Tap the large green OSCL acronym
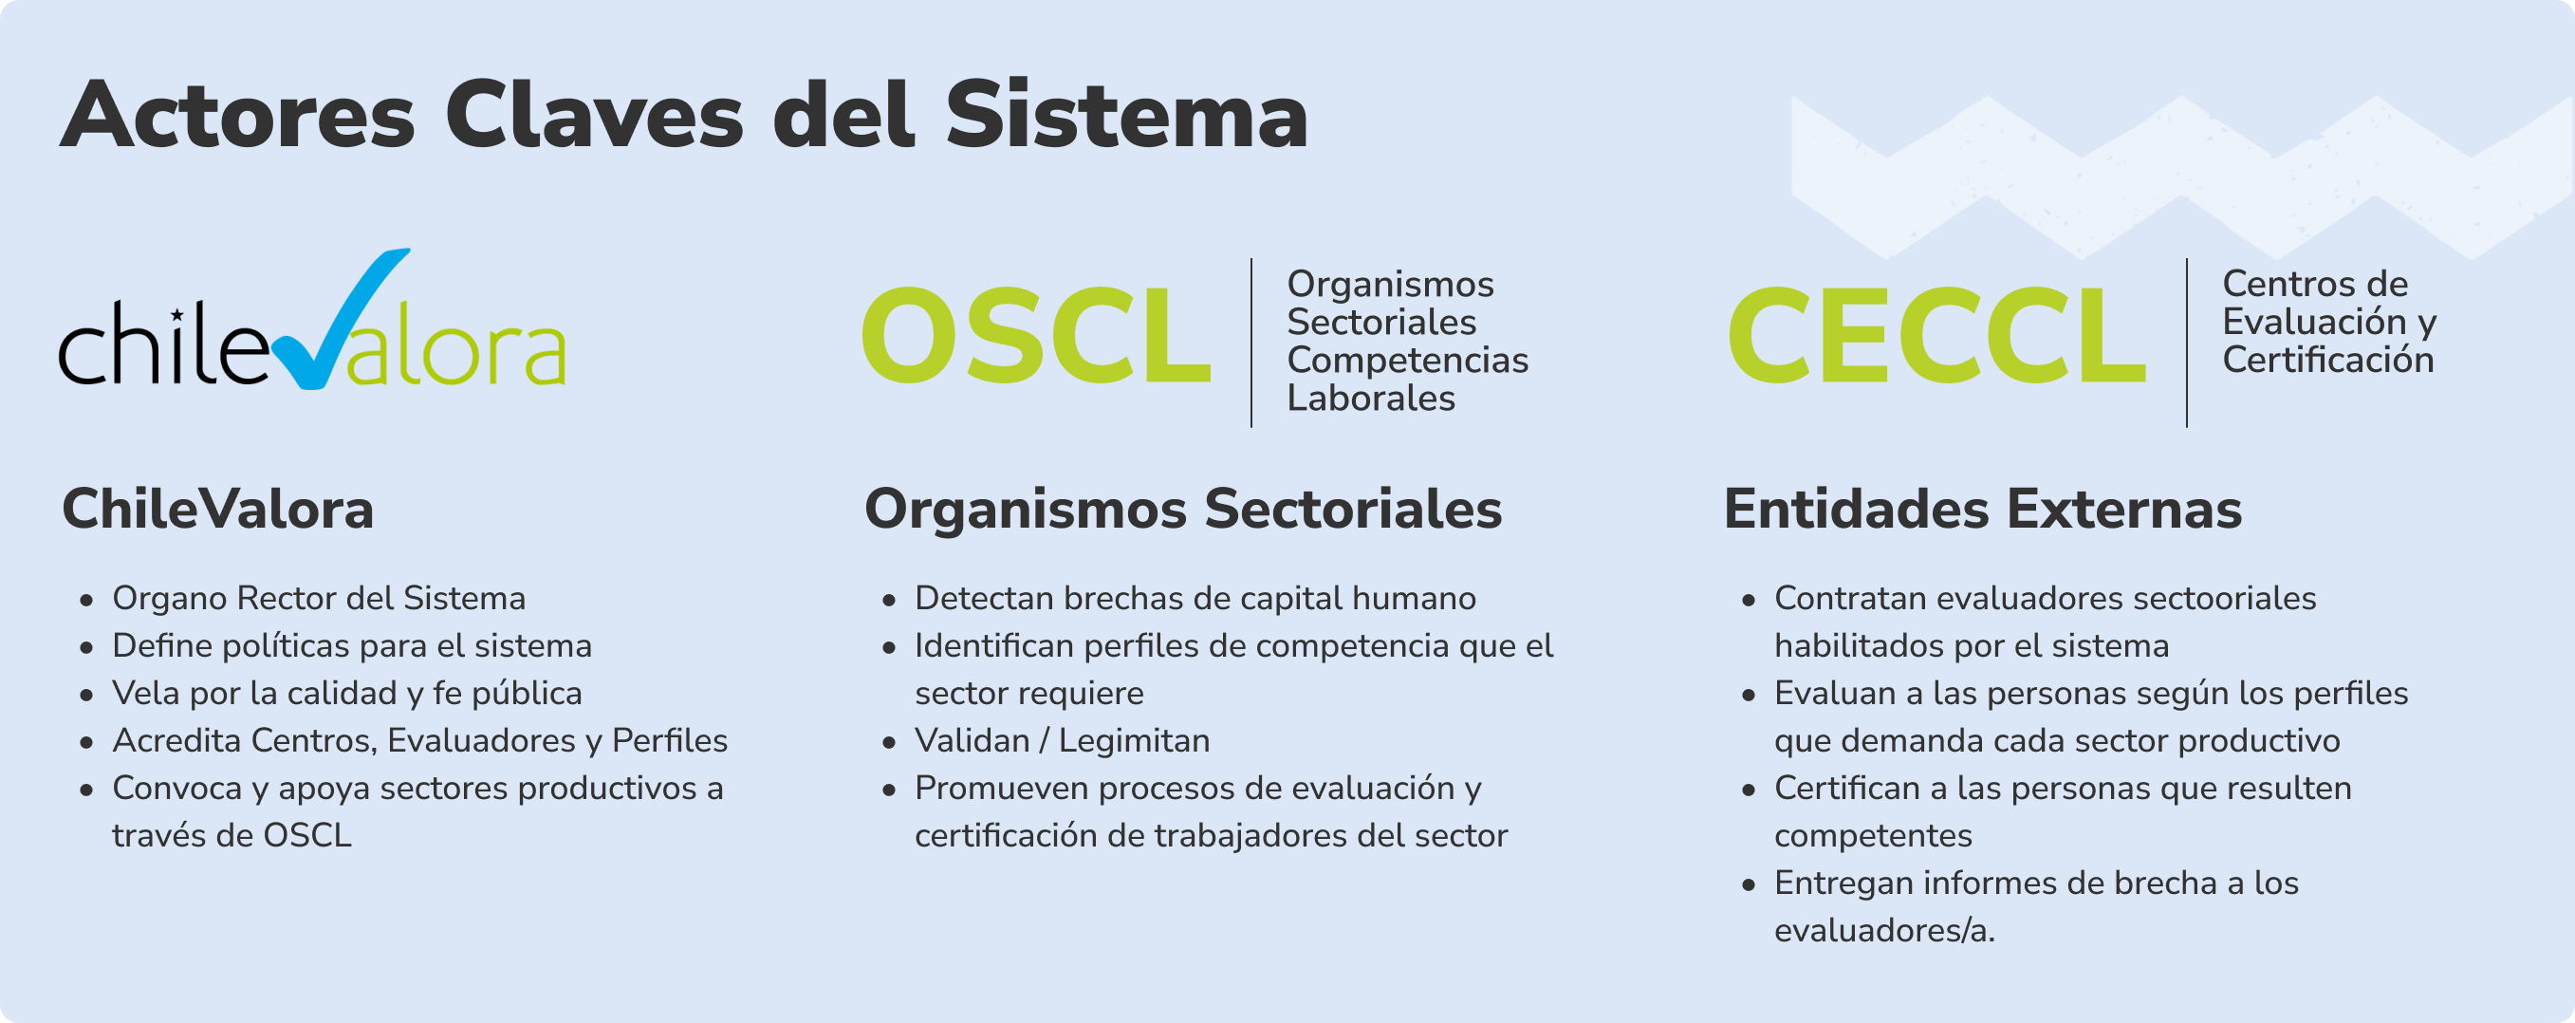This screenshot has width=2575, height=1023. coord(1037,335)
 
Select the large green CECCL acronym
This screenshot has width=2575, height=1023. coord(1936,335)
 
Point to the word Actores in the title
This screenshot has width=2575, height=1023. coord(237,116)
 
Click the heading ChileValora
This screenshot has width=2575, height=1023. coord(218,509)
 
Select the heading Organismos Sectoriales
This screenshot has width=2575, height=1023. coord(1182,509)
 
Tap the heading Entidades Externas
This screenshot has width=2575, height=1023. coord(1982,509)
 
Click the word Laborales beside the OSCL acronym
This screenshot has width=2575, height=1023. coord(1370,398)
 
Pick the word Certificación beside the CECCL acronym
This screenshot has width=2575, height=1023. coord(2328,360)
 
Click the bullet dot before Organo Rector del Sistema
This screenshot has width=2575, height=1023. coord(87,600)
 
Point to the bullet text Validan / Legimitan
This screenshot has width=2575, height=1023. coord(1062,741)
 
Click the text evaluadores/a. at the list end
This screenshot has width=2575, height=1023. coord(1884,931)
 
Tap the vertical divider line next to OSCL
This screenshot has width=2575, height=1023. coord(1251,342)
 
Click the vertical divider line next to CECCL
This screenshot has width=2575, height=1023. coord(2187,342)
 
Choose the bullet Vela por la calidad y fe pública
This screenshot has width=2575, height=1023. coord(347,694)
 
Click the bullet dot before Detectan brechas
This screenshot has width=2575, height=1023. coord(890,600)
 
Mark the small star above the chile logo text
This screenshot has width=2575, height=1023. coord(176,316)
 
